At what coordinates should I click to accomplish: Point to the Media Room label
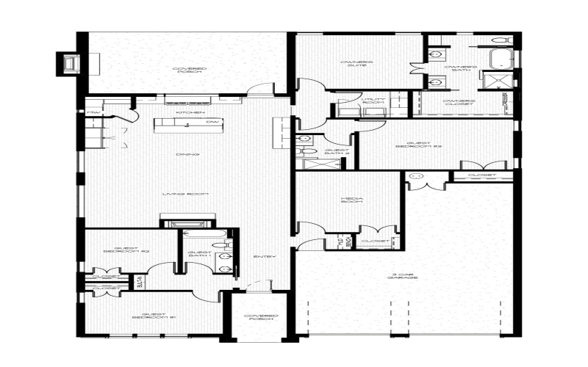click(349, 200)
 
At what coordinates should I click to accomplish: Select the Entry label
click(264, 256)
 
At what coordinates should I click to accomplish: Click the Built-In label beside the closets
click(139, 283)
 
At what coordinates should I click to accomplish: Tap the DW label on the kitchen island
click(212, 121)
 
